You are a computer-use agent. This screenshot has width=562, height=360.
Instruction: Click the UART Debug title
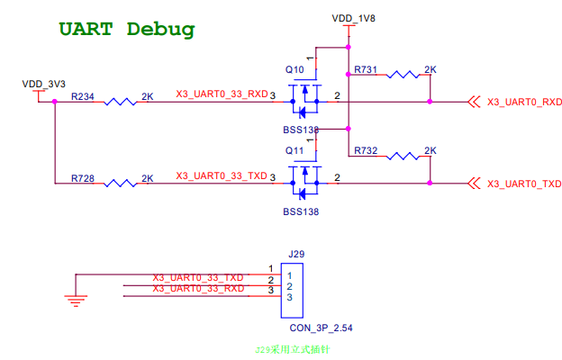click(x=126, y=29)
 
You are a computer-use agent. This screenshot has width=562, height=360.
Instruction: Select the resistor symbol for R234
click(x=120, y=102)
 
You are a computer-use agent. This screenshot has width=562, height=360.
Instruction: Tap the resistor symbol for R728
click(x=120, y=183)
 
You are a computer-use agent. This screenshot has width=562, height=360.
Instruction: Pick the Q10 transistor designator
click(x=295, y=69)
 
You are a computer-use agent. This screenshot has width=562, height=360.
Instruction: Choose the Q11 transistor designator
click(x=295, y=150)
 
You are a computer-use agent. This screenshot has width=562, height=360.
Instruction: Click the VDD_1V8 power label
click(x=353, y=17)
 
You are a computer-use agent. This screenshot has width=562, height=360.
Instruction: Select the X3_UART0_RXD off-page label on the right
click(x=524, y=103)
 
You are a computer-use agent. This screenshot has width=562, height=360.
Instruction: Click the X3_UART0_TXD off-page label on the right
click(x=524, y=184)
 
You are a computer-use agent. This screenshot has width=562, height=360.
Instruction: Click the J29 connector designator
click(x=295, y=255)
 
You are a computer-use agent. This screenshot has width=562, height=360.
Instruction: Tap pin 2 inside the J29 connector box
click(x=289, y=286)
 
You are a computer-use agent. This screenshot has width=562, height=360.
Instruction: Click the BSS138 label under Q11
click(x=301, y=212)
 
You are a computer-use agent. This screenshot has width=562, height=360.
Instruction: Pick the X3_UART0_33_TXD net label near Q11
click(x=222, y=175)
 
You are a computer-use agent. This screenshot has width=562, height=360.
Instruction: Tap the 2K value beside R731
click(x=431, y=69)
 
